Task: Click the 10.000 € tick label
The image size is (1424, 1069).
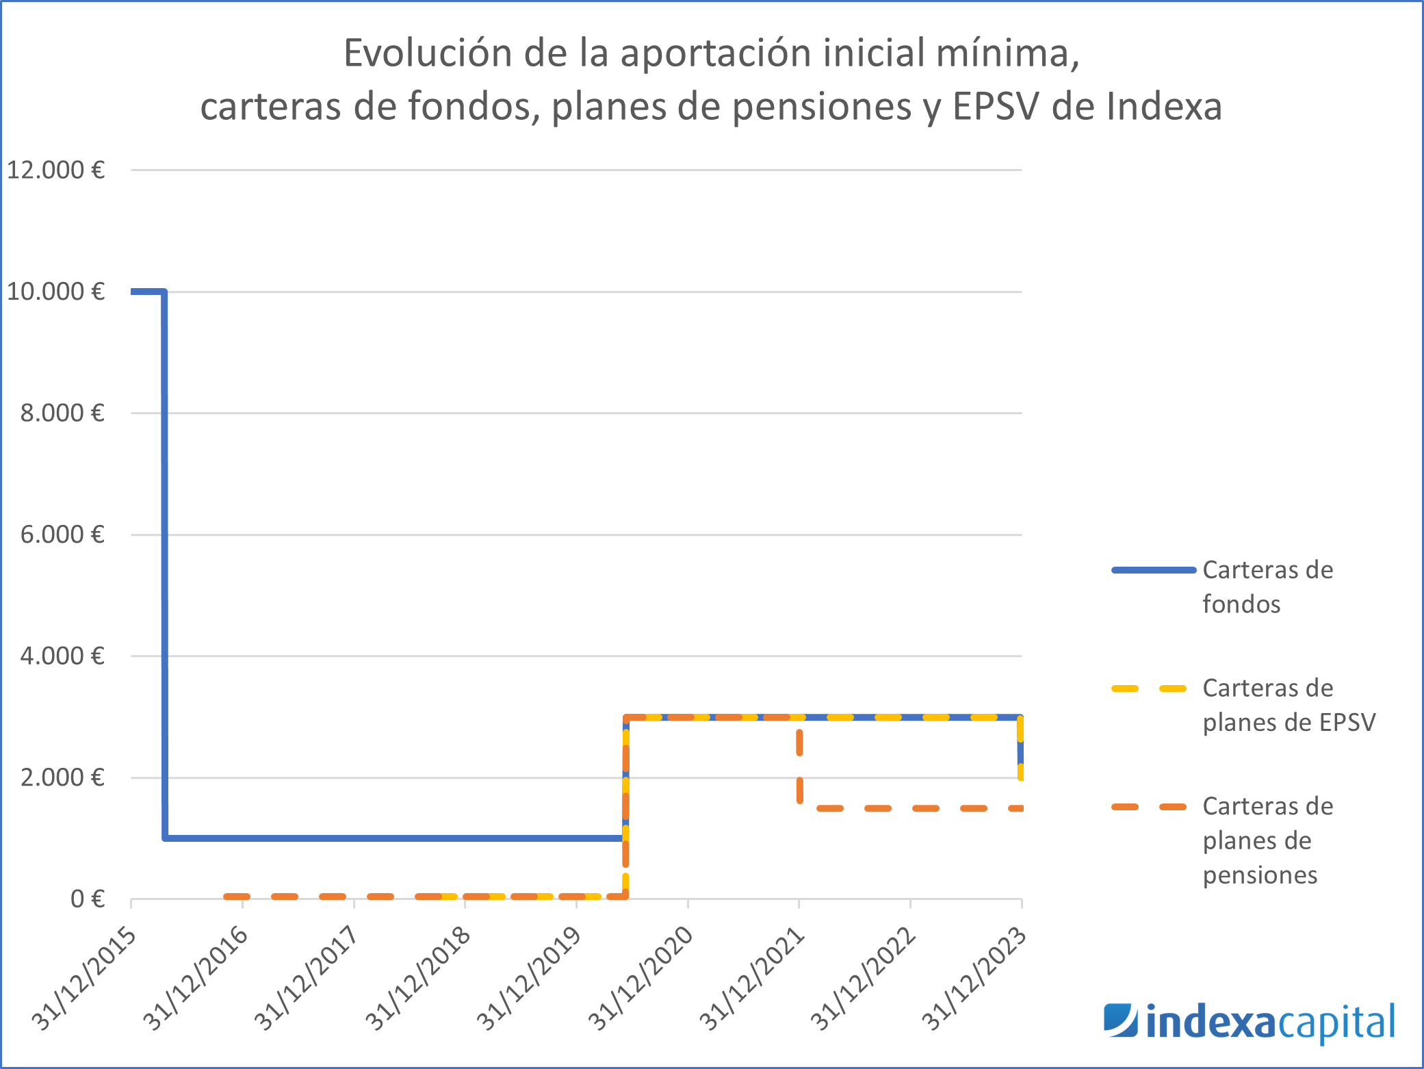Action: pos(55,292)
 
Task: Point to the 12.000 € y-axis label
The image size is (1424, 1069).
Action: pos(55,170)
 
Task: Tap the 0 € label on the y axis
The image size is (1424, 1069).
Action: pos(87,899)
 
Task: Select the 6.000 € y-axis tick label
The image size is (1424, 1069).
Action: pos(62,534)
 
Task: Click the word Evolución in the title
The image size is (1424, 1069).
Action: pos(427,53)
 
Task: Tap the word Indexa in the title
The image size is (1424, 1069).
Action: pos(1163,107)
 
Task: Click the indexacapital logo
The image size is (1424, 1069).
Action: pos(1249,1022)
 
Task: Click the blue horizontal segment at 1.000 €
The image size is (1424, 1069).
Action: pos(393,838)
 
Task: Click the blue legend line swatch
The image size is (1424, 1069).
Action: pos(1153,570)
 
